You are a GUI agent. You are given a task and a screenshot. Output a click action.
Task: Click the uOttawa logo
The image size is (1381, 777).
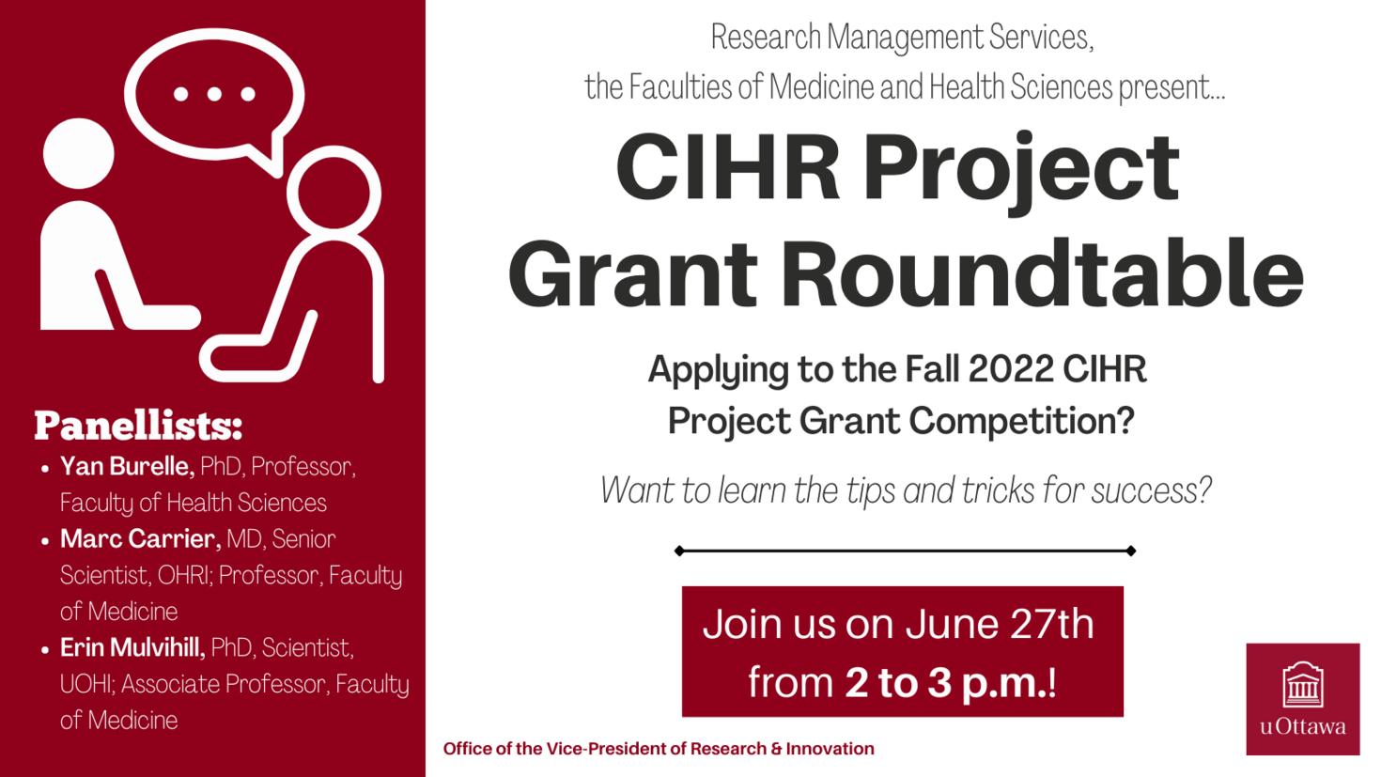point(1302,698)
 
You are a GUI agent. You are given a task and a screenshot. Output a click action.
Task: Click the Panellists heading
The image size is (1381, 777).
point(138,426)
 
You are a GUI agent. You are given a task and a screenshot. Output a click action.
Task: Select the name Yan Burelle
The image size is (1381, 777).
point(127,466)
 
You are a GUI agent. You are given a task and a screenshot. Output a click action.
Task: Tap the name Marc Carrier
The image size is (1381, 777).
point(140,539)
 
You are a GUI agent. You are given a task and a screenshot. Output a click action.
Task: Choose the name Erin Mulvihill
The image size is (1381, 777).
point(132,648)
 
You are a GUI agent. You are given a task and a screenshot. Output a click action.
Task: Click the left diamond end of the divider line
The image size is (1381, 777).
point(678,552)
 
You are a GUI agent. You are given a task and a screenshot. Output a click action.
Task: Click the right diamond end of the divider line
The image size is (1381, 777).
point(1131,552)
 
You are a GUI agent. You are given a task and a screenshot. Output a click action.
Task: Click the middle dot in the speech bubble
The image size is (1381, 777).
point(214,94)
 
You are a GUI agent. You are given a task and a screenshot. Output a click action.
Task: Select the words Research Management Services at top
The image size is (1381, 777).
point(902,38)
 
